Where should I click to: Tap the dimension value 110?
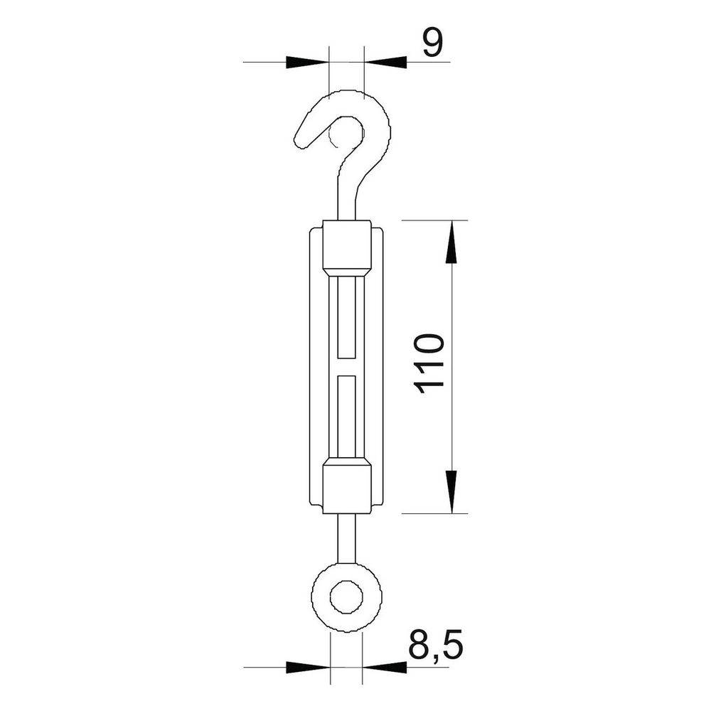click(429, 363)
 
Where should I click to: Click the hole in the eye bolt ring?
click(346, 597)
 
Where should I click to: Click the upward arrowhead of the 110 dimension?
click(451, 242)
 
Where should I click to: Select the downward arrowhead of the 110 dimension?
click(451, 492)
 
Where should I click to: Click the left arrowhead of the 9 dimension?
click(307, 62)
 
